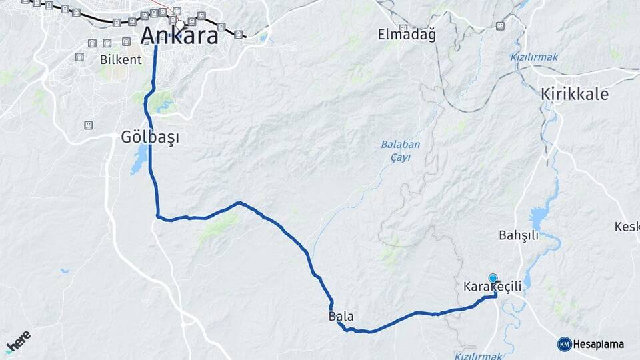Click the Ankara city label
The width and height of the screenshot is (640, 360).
(x=179, y=36)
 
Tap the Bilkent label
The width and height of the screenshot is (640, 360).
(x=121, y=59)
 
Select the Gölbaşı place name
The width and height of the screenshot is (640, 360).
(x=151, y=137)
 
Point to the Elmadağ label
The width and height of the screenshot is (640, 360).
(x=407, y=35)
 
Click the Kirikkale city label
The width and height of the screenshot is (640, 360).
(x=575, y=95)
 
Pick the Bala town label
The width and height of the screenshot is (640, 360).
(x=341, y=316)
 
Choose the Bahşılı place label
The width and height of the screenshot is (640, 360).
(x=518, y=235)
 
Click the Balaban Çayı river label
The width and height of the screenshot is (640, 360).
(x=395, y=151)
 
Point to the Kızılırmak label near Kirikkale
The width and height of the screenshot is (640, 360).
(x=535, y=57)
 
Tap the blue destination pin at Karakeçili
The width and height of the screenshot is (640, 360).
(x=493, y=278)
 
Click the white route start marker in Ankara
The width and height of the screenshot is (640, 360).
(x=179, y=25)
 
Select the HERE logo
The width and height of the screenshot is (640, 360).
(x=18, y=340)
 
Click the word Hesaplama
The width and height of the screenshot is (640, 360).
(x=599, y=345)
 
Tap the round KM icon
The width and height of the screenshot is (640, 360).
(x=564, y=344)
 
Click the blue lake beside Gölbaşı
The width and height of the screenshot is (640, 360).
(x=140, y=160)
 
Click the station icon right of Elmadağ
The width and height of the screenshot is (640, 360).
(x=500, y=26)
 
